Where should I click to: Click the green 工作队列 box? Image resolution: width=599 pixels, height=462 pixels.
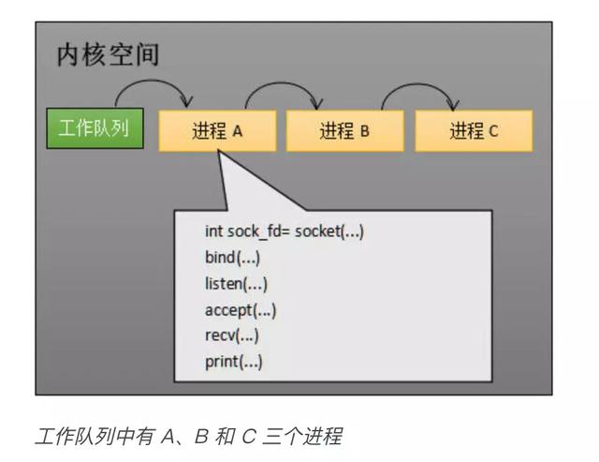[x=95, y=128]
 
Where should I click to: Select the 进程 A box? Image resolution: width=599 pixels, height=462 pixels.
[x=217, y=131]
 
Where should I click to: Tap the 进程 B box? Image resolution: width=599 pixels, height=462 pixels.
[x=344, y=131]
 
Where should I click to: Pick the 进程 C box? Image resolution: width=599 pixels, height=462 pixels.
[x=474, y=131]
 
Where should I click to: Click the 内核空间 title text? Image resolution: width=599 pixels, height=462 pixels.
[x=108, y=54]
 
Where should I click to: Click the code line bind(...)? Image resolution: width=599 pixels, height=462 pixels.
[x=232, y=258]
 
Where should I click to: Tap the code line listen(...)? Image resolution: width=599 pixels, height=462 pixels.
[x=236, y=284]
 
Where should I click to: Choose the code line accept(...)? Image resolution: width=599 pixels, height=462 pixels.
[x=241, y=310]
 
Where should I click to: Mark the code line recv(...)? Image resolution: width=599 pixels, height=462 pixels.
[x=231, y=335]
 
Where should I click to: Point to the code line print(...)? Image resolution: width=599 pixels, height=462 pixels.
[x=234, y=362]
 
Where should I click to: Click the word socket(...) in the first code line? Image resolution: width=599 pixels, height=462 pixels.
[x=329, y=231]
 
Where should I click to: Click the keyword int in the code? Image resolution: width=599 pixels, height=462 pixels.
[x=213, y=231]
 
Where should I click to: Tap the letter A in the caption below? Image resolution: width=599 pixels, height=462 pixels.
[x=169, y=437]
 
